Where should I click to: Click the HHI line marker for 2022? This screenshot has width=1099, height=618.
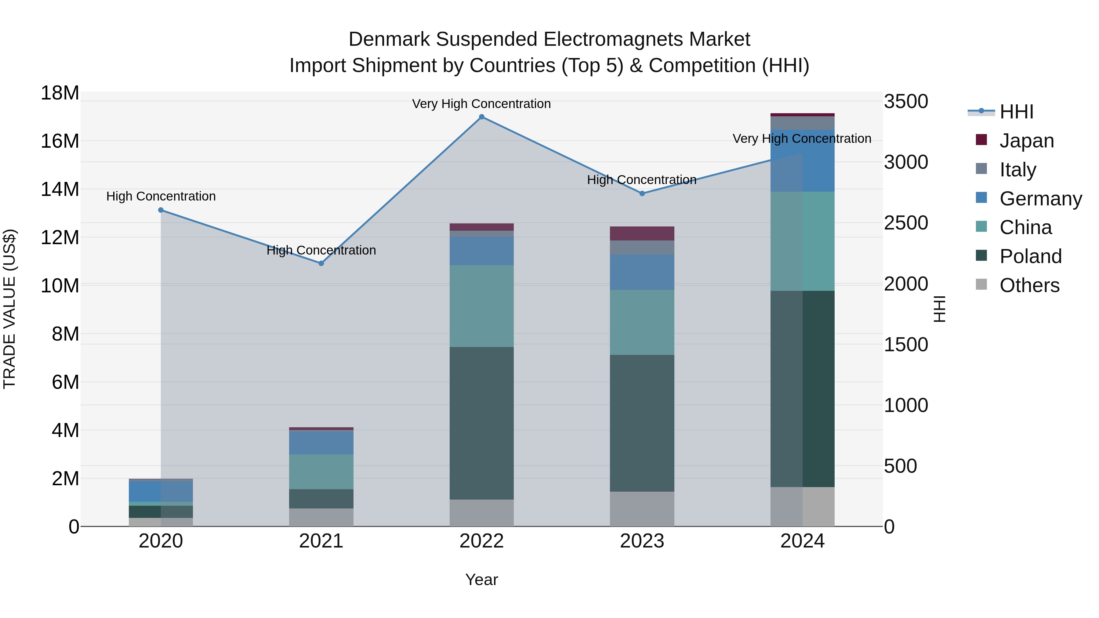coord(482,117)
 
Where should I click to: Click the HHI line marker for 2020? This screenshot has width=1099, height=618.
coord(161,210)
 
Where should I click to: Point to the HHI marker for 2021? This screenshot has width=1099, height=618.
coord(321,263)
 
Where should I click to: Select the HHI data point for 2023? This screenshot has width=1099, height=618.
coord(642,193)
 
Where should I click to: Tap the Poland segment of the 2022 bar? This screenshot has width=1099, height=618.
coord(482,423)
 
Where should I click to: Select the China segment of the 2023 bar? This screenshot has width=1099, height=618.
coord(642,323)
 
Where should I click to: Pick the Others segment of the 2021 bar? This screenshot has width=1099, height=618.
coord(321,517)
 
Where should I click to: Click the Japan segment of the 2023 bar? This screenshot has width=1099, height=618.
coord(642,233)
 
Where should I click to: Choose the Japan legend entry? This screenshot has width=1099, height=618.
coord(1026,141)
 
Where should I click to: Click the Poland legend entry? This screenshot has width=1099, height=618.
coord(1030,256)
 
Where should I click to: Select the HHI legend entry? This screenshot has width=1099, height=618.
coord(1016,112)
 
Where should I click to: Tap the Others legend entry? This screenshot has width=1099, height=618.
coord(1029,285)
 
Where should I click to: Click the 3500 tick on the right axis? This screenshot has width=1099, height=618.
coord(906,102)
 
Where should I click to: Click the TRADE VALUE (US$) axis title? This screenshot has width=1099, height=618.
coord(9,309)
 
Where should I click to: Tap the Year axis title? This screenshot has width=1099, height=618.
coord(482,580)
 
